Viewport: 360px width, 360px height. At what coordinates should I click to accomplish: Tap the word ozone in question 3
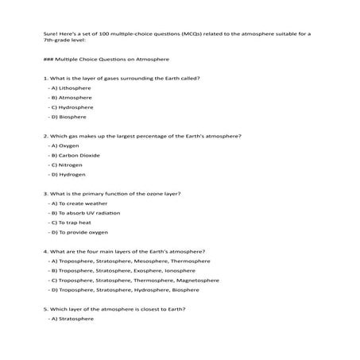click(x=149, y=193)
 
